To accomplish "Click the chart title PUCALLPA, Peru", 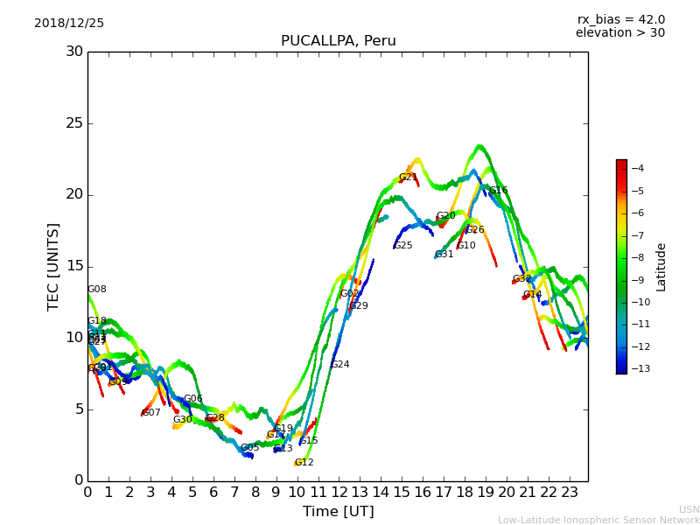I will point(338,41).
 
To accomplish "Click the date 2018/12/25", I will point(69,24).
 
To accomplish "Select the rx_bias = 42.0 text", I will point(620,19).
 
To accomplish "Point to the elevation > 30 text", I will point(619,33).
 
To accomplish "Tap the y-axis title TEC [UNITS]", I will point(53,266).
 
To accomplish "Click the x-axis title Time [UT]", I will point(338,512).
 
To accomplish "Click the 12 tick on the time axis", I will point(339,493).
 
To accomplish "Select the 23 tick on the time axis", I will point(570,493).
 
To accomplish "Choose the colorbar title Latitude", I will point(661,267).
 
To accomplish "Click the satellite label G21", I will point(408,178).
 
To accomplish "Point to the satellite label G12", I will point(304,463).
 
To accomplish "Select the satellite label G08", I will point(96,290).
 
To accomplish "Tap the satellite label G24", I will point(339,365).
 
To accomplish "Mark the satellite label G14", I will point(532,295).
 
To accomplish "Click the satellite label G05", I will point(249,448).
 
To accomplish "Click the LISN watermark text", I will point(689,509).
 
